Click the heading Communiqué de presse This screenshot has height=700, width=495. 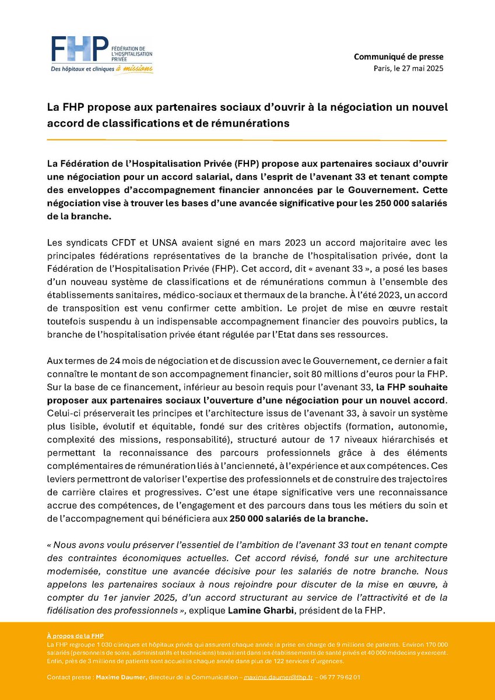click(x=399, y=57)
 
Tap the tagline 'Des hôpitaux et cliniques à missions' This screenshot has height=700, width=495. click(x=101, y=69)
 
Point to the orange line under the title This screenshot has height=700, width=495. click(x=247, y=140)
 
